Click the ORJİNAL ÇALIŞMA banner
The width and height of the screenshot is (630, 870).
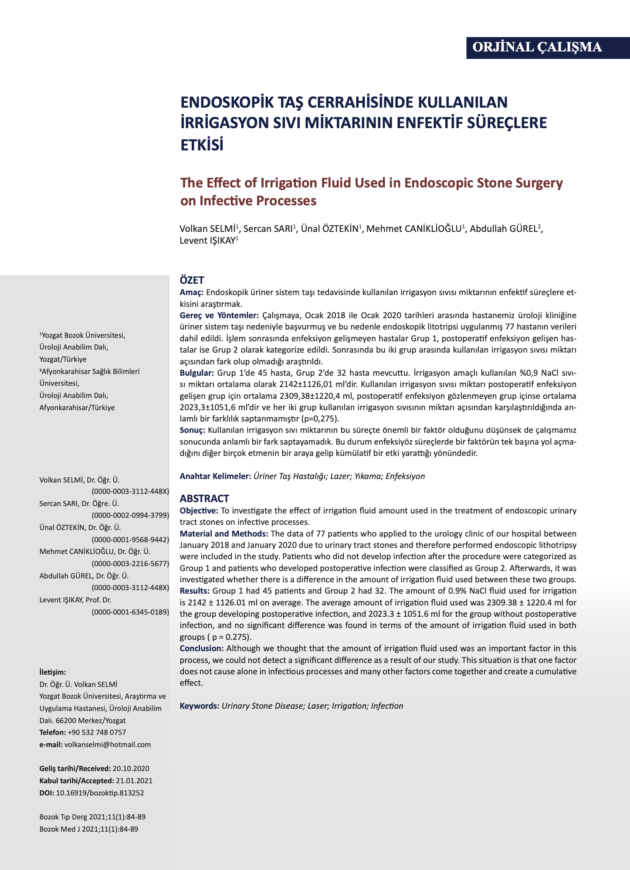tap(537, 47)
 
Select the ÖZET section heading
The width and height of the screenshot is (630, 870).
tap(192, 280)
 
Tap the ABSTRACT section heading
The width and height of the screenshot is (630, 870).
tap(204, 499)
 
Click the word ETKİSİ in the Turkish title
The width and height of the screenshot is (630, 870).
tap(202, 144)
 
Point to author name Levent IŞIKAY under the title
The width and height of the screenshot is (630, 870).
tap(207, 241)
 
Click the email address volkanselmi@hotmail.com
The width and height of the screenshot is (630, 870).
tap(107, 744)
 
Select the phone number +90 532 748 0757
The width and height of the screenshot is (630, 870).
tap(97, 732)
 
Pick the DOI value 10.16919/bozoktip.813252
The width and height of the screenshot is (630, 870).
tap(100, 793)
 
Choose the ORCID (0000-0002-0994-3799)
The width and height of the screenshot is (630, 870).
tap(130, 515)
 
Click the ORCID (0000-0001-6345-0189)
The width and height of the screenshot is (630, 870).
tap(130, 612)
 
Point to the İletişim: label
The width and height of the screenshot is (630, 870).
tap(52, 672)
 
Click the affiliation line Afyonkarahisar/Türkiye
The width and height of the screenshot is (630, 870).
tap(77, 408)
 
